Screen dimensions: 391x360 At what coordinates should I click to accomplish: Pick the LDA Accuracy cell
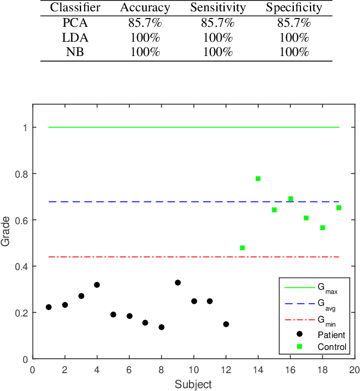144,38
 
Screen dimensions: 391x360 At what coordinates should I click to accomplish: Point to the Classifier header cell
76,8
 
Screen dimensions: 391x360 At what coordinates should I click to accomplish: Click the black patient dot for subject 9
178,283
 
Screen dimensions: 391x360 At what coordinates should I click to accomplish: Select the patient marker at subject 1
49,307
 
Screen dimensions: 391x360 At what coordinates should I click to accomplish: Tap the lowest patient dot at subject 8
162,327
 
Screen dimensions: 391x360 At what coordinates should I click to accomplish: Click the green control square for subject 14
258,179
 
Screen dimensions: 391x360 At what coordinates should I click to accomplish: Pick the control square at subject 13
242,248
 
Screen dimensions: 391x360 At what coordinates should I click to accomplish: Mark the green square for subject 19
339,208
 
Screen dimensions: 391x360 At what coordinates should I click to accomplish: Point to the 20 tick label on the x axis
354,370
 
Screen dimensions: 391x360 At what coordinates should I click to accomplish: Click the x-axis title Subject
194,384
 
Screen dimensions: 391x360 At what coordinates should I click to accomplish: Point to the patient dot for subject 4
97,285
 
